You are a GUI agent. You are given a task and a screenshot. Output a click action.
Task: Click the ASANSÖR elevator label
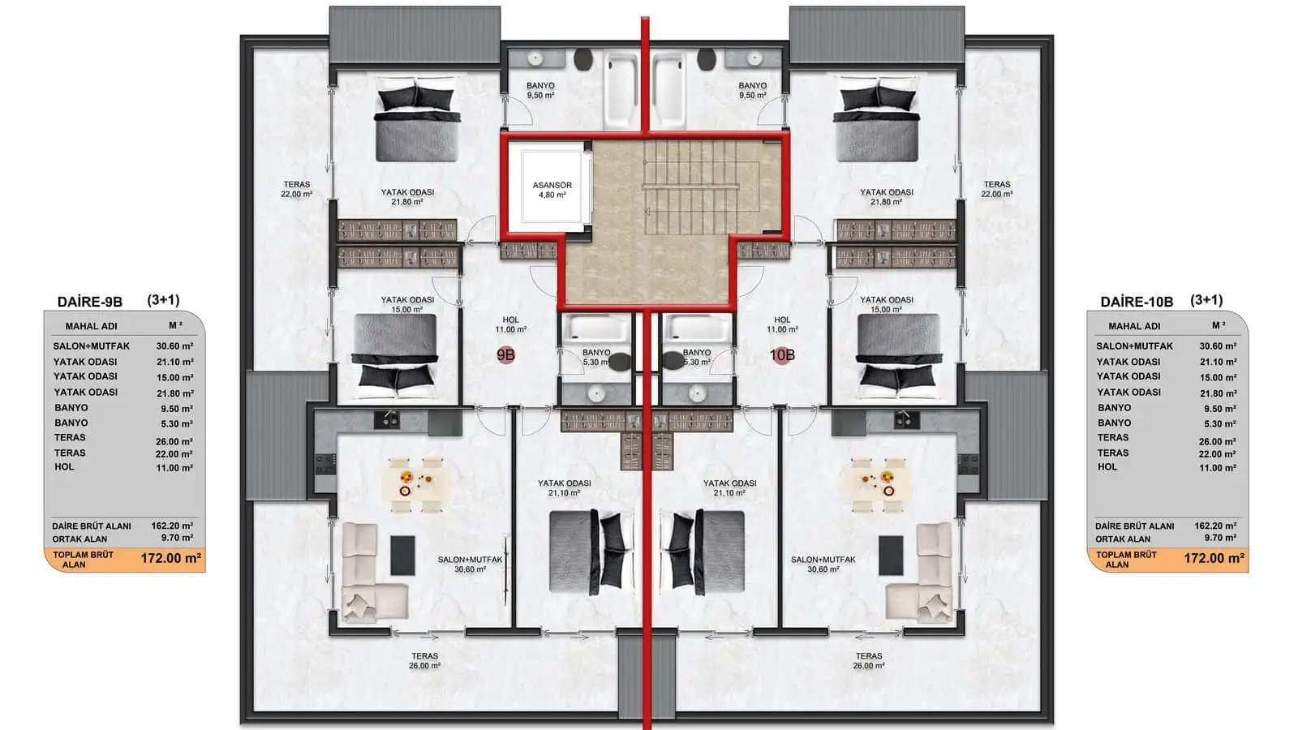pos(552,190)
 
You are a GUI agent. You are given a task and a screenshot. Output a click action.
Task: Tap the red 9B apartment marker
pos(505,355)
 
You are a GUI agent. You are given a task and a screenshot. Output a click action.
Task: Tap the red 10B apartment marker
pos(782,355)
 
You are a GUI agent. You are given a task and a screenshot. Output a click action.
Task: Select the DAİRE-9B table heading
pos(90,302)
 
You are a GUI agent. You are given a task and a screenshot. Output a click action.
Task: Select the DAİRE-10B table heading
pos(1137,302)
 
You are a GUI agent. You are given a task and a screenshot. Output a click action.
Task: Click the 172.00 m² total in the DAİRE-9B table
pos(171,559)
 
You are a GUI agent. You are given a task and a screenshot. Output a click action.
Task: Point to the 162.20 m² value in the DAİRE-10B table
pos(1215,526)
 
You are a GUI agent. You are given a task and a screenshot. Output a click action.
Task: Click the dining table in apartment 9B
pos(416,484)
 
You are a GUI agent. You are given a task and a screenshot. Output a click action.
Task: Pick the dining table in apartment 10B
pos(878,484)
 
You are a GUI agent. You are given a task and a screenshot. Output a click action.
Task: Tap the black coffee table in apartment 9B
pos(402,555)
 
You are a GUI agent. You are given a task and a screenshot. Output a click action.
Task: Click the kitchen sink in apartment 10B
pos(907,419)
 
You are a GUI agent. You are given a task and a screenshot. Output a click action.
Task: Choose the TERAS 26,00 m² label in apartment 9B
pos(424,661)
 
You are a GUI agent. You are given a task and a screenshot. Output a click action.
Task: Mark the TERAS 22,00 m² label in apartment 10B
pos(997,189)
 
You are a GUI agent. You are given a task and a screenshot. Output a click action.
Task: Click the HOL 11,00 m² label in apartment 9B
pos(510,324)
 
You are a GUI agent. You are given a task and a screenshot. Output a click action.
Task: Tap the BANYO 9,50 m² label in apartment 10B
pos(753,90)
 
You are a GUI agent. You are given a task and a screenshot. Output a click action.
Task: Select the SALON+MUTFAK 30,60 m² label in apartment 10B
pos(823,565)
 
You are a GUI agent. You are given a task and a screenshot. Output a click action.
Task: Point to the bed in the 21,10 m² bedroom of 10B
pos(703,552)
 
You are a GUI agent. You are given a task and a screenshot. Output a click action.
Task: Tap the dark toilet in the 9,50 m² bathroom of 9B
pos(583,59)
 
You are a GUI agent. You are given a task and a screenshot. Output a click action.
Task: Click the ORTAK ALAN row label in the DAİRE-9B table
pos(80,539)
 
